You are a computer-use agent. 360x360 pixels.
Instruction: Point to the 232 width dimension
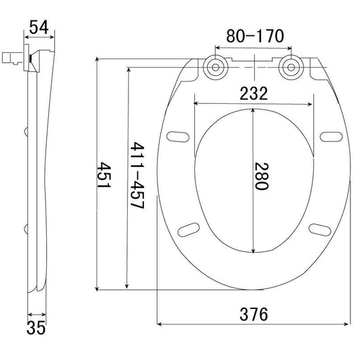click(x=253, y=93)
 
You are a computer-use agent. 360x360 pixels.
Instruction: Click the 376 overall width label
click(x=254, y=314)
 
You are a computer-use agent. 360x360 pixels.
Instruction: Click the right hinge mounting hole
click(x=291, y=67)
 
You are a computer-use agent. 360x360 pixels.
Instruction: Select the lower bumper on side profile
click(x=26, y=229)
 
